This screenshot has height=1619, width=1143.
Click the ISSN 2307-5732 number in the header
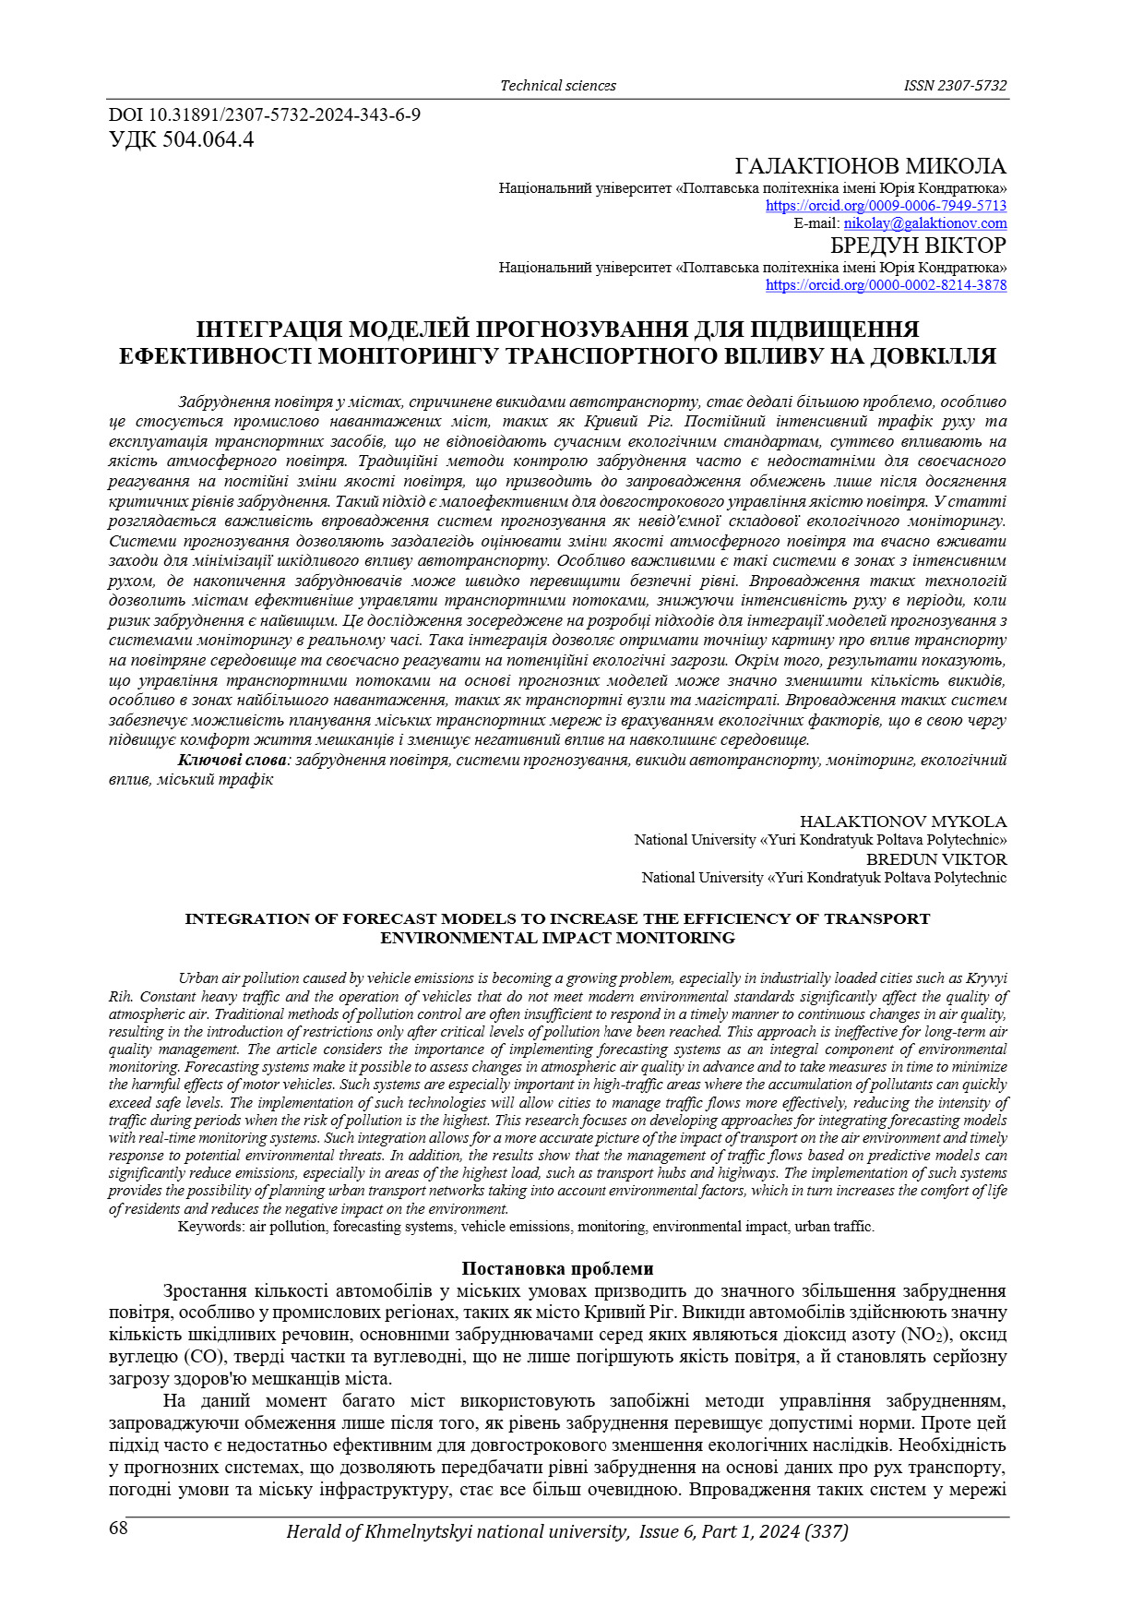[x=955, y=86]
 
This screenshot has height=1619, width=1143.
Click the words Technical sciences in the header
[x=557, y=86]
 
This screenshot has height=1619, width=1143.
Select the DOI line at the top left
[x=265, y=115]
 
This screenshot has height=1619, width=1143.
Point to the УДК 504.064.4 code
[x=181, y=140]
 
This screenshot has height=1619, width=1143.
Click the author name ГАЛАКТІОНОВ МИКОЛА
[x=870, y=166]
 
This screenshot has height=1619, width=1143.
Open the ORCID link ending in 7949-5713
[x=886, y=206]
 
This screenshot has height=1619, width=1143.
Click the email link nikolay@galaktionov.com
[x=925, y=223]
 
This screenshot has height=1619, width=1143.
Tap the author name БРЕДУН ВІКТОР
[x=918, y=246]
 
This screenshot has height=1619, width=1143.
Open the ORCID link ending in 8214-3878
[x=886, y=285]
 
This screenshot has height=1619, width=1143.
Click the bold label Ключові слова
[x=232, y=760]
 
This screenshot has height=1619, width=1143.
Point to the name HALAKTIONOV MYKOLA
[x=902, y=821]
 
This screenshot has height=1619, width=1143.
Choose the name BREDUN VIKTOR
[x=935, y=859]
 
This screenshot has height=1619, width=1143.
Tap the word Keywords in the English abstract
[x=210, y=1227]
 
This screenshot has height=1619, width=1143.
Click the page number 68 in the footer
[x=118, y=1529]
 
